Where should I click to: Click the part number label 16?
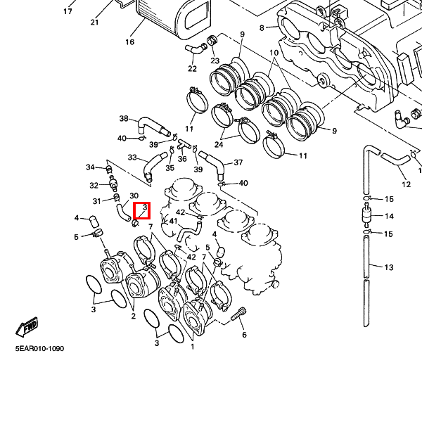click(x=129, y=42)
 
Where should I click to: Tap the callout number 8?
click(x=262, y=28)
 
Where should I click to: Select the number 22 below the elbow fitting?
click(x=192, y=68)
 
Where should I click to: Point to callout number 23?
click(x=215, y=60)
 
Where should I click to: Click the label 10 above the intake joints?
click(x=274, y=53)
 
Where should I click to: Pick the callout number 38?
click(x=124, y=119)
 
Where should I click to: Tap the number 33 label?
click(x=132, y=158)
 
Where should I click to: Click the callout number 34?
click(x=90, y=167)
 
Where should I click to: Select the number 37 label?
click(x=238, y=162)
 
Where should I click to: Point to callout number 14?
click(x=389, y=216)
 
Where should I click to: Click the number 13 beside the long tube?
click(x=389, y=267)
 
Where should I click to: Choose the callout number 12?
click(x=406, y=184)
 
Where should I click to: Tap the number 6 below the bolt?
click(x=244, y=335)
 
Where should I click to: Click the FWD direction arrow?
click(x=27, y=328)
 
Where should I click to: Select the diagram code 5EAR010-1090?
click(x=39, y=348)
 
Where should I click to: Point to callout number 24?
click(x=219, y=144)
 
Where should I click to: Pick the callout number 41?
click(x=173, y=221)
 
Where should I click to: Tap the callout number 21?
click(x=94, y=22)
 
